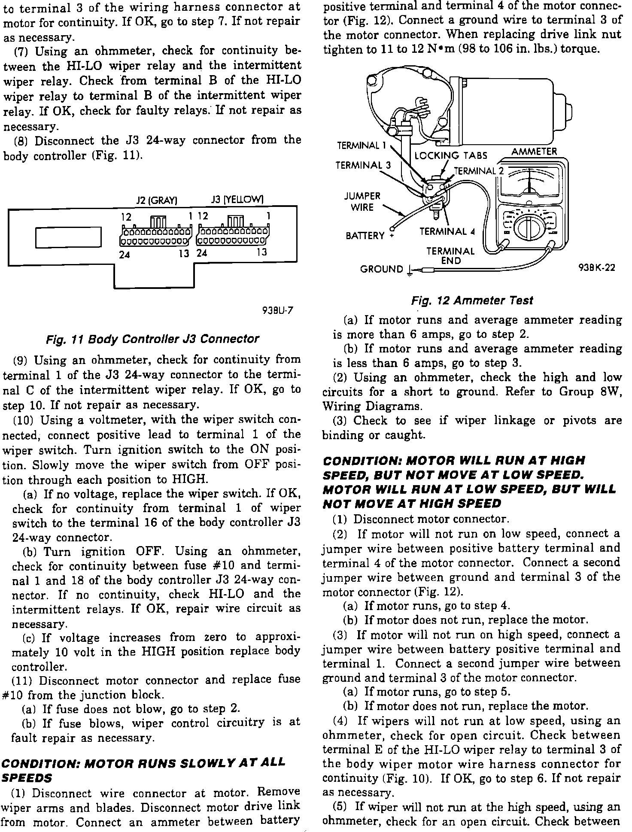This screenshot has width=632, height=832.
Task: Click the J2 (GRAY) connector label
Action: [x=157, y=200]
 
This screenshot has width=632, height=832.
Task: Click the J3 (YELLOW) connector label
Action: [x=237, y=200]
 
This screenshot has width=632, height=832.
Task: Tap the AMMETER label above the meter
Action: [x=534, y=152]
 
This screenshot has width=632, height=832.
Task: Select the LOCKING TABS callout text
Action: [x=451, y=155]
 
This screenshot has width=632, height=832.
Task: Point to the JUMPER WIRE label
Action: [x=362, y=202]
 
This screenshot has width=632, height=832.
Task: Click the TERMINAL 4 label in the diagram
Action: [x=447, y=232]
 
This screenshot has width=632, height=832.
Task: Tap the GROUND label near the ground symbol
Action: [x=382, y=269]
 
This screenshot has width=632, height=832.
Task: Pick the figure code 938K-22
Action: [x=597, y=268]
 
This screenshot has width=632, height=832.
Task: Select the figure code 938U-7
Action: [x=277, y=311]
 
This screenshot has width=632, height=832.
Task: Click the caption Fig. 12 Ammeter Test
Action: [x=472, y=301]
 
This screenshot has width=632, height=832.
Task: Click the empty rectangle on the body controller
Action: [x=68, y=237]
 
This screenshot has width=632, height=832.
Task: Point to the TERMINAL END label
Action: [x=450, y=256]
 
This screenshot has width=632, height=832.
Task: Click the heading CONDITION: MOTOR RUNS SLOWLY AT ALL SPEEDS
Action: [x=143, y=770]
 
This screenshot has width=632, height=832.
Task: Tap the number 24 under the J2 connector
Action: [x=125, y=255]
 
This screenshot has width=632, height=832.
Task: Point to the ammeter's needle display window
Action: [x=530, y=181]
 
